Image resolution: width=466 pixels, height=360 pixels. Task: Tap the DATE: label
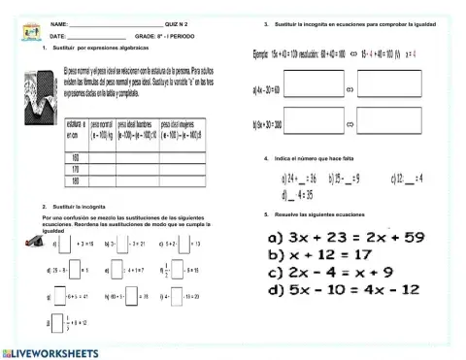click(x=57, y=35)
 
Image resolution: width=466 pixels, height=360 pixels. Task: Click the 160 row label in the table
click(x=75, y=158)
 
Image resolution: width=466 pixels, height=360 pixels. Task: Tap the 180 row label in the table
click(x=75, y=180)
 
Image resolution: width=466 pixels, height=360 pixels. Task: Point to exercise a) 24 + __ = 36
click(x=300, y=179)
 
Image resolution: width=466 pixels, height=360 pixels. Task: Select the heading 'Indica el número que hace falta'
click(x=324, y=157)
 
